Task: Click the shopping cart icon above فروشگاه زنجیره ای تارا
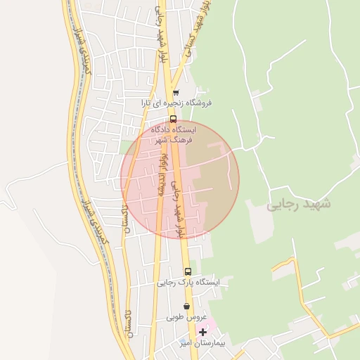pos(176,92)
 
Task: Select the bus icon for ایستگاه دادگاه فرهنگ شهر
pos(173,119)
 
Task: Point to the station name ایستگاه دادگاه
pos(175,130)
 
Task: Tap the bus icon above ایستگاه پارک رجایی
pos(188,271)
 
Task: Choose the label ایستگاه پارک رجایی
pos(188,282)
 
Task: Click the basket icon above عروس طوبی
pos(186,307)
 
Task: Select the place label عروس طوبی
pos(186,317)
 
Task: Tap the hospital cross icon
pos(203,332)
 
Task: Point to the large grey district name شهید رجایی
pos(299,204)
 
